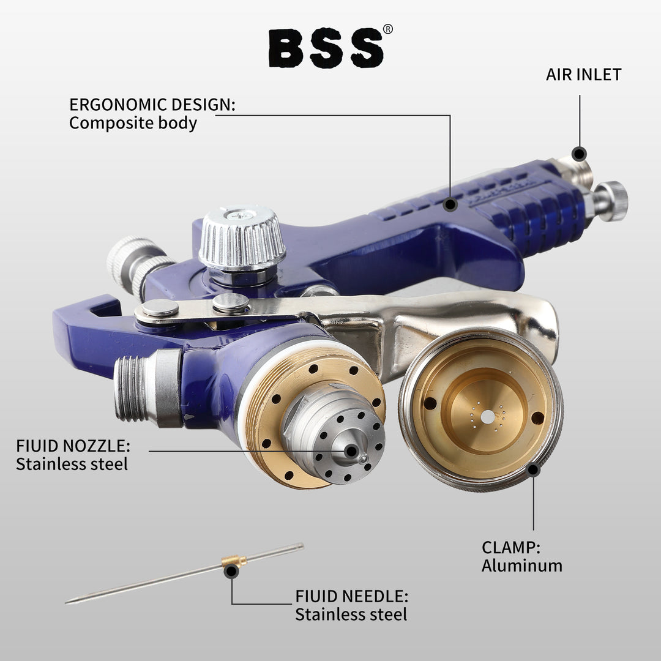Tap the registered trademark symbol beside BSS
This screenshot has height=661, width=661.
[x=388, y=29]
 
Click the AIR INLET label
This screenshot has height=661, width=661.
[x=583, y=75]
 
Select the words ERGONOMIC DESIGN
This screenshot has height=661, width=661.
[x=152, y=104]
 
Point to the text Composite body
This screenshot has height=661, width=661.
[x=133, y=123]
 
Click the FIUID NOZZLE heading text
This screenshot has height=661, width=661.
[x=73, y=445]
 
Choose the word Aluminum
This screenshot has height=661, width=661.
[x=521, y=566]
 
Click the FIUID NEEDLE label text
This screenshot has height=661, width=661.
[x=351, y=596]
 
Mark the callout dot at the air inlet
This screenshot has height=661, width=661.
[x=579, y=153]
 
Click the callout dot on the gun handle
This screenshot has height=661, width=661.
[x=450, y=204]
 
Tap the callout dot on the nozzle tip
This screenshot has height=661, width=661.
[x=351, y=452]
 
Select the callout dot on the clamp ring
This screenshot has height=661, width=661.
[x=533, y=469]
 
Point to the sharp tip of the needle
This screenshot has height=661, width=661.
[x=69, y=602]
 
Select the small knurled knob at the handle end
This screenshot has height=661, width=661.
[x=611, y=201]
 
